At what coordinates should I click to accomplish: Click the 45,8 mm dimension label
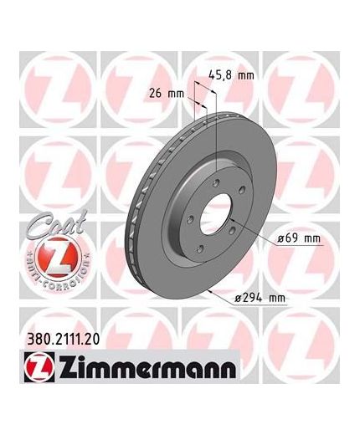click(231, 75)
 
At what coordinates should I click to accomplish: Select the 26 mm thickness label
click(167, 94)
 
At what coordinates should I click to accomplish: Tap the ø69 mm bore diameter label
click(299, 238)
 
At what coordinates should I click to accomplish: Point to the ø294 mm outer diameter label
click(260, 298)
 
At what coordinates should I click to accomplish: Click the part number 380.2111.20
click(63, 340)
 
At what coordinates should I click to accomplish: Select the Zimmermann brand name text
click(147, 367)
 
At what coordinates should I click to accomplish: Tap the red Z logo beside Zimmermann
click(39, 366)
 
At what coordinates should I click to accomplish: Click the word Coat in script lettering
click(57, 224)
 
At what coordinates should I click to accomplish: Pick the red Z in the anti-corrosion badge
click(58, 257)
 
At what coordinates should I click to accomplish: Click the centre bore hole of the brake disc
click(216, 214)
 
